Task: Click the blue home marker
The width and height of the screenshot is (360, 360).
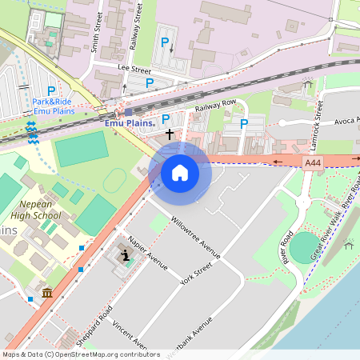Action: pos(180,172)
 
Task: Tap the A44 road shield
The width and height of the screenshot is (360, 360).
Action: pos(314,162)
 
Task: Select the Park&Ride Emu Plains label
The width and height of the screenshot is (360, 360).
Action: pos(52,106)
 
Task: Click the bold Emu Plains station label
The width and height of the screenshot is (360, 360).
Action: pos(129,123)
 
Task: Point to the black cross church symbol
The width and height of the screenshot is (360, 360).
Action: pos(170,136)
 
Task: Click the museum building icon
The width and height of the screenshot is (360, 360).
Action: pos(47,293)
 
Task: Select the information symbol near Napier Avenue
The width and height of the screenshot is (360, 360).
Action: pos(126,255)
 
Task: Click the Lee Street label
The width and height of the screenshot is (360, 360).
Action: pos(134,70)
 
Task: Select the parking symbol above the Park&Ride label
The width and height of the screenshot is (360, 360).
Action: pos(51,91)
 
